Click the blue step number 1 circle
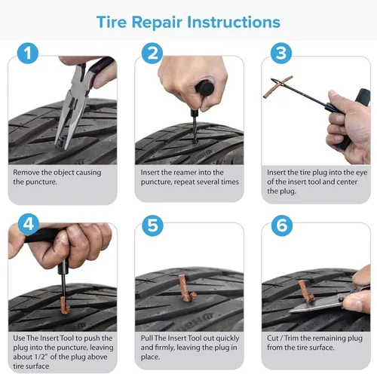28,53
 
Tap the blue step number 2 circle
152,53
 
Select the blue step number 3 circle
281,53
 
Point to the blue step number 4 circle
29,224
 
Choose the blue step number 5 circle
152,225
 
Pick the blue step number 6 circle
282,225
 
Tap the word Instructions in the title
234,22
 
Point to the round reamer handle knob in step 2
205,88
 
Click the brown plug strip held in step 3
278,87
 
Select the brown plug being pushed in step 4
65,305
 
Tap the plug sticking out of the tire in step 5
185,288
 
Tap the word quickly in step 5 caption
227,339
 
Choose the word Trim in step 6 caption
291,339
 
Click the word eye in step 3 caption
361,173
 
